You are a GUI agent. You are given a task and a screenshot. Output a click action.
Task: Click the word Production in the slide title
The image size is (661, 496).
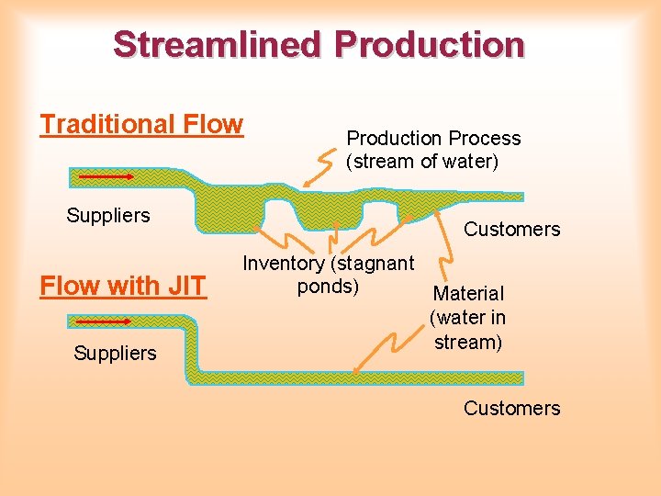(x=430, y=44)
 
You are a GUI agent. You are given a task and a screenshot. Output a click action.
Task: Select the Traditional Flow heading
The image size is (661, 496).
(x=141, y=124)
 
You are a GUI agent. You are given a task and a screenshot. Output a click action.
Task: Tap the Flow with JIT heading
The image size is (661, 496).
(x=123, y=286)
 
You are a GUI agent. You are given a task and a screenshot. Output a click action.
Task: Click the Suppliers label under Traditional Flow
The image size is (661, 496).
(x=108, y=216)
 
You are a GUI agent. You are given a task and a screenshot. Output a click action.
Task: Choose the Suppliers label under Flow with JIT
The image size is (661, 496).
(x=115, y=354)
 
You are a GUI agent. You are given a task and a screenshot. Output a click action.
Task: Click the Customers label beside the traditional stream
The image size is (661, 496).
(x=511, y=230)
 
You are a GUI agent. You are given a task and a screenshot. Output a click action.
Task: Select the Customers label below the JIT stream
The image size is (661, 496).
(x=511, y=408)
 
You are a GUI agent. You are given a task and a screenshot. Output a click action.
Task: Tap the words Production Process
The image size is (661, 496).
(x=433, y=139)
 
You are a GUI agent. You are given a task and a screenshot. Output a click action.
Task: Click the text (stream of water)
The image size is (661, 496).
(x=421, y=163)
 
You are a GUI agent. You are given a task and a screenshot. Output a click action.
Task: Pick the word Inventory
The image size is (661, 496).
(x=283, y=264)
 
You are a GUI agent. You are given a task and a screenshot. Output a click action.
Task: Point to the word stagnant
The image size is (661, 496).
(x=375, y=264)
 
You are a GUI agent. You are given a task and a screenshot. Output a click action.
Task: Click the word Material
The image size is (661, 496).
(x=468, y=294)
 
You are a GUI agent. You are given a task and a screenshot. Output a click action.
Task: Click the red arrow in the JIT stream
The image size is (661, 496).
(x=103, y=322)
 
